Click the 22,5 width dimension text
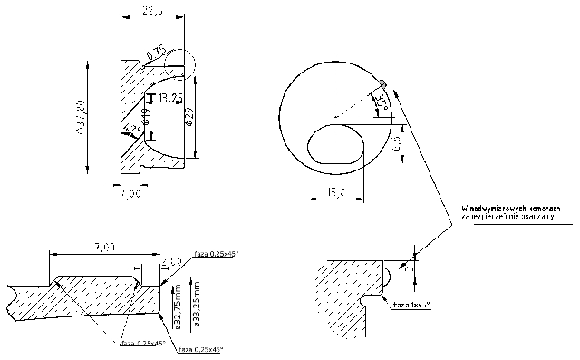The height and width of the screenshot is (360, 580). click(152, 11)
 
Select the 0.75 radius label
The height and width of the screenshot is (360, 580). click(156, 54)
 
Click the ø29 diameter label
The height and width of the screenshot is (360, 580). click(188, 116)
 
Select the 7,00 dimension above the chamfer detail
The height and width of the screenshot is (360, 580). click(104, 247)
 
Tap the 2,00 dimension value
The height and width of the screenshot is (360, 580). click(172, 261)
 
